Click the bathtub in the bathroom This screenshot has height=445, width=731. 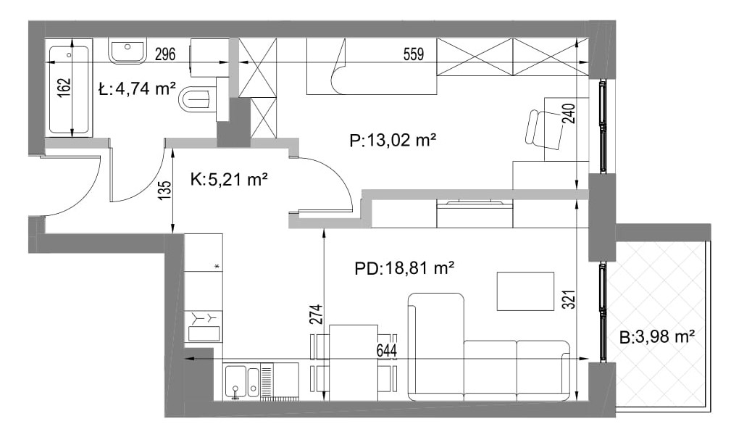click(x=69, y=88)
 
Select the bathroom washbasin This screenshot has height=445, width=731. click(x=128, y=51)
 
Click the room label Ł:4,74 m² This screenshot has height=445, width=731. click(x=137, y=88)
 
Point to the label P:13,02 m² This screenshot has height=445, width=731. click(x=393, y=139)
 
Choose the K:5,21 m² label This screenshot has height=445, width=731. click(x=230, y=179)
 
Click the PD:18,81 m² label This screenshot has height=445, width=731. click(x=404, y=268)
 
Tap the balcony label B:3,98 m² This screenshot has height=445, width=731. click(x=657, y=336)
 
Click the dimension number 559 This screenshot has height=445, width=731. click(x=414, y=54)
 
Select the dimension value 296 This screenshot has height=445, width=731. click(x=165, y=54)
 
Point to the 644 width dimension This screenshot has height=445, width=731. click(x=386, y=350)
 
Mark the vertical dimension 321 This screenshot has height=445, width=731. click(x=569, y=299)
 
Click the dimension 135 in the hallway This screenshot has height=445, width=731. click(x=165, y=191)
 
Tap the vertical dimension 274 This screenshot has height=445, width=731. click(x=316, y=315)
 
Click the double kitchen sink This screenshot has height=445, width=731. click(x=242, y=381)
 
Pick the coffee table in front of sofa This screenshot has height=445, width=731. click(x=525, y=291)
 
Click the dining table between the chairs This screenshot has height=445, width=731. click(x=354, y=362)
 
